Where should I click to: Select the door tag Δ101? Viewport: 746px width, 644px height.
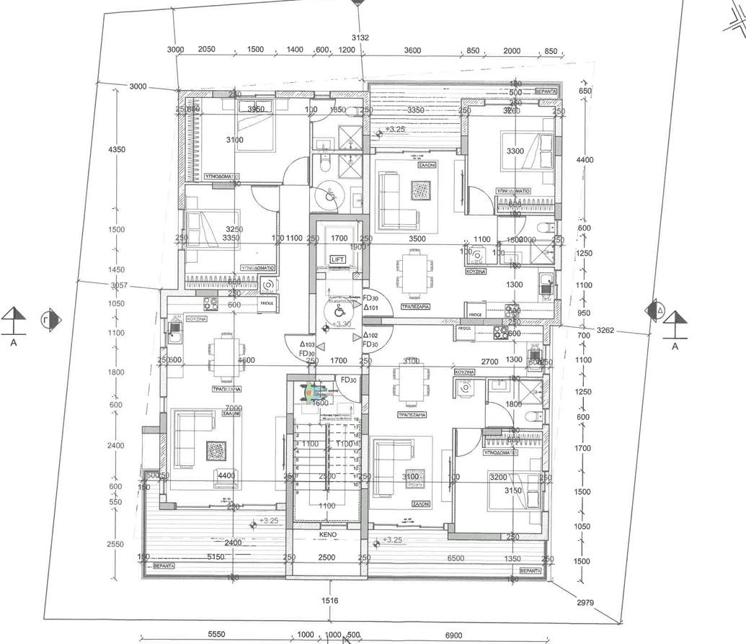click(370, 308)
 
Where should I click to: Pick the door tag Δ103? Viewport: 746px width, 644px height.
click(307, 344)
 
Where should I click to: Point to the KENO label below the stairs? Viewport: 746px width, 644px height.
click(328, 536)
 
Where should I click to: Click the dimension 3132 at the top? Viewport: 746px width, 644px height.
click(360, 37)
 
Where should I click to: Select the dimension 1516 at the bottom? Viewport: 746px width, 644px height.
click(330, 600)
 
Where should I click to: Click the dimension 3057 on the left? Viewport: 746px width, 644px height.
click(119, 285)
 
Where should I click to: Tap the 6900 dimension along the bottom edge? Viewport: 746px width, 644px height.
click(453, 635)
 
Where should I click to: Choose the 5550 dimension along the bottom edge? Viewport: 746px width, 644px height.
click(217, 635)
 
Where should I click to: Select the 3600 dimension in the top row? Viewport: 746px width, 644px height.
click(412, 50)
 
